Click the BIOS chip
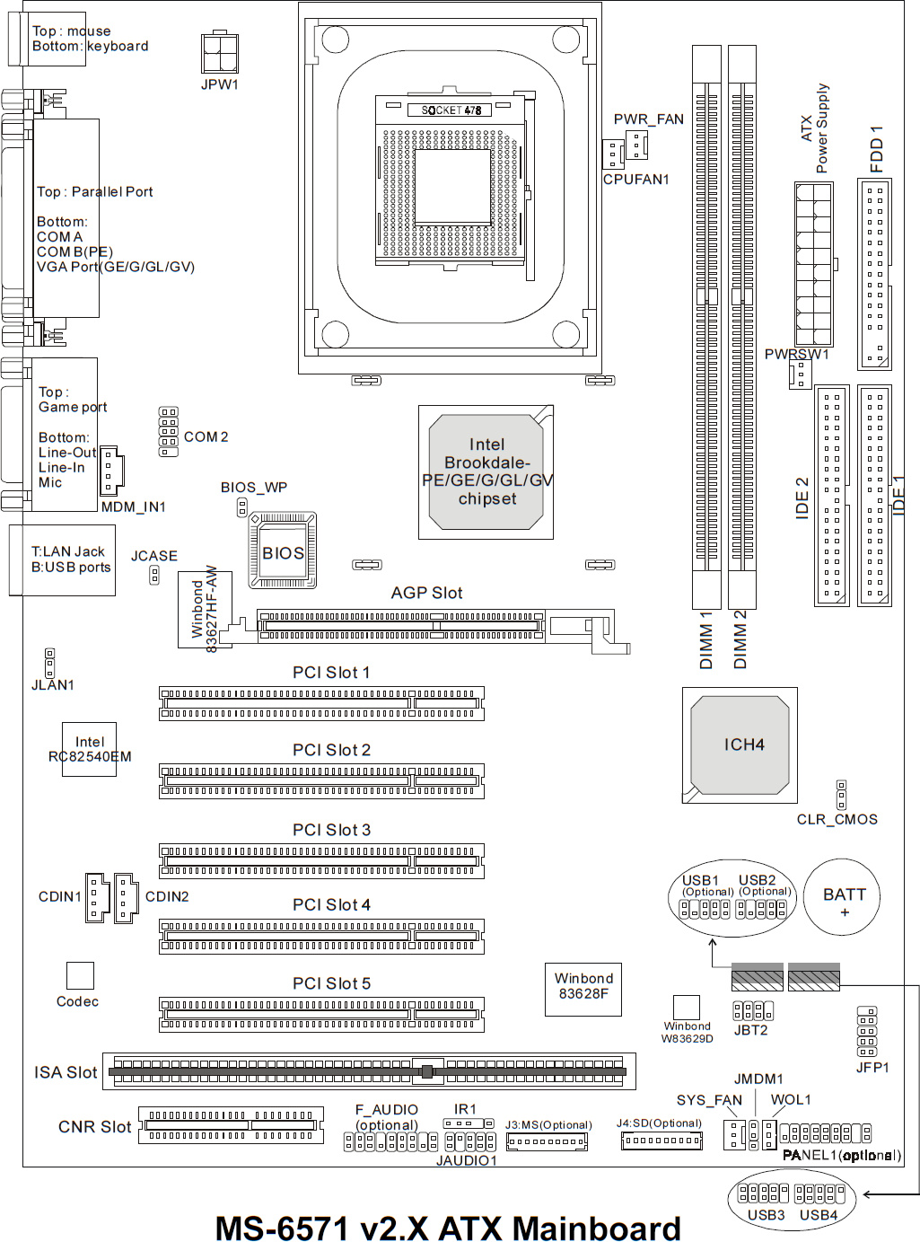(283, 551)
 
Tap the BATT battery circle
(844, 897)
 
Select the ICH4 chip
(740, 745)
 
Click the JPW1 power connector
(220, 53)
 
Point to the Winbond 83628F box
(583, 989)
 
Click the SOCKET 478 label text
(451, 110)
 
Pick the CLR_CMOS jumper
(841, 795)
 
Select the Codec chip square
(80, 975)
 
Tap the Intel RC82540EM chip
(89, 749)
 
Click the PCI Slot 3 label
(331, 830)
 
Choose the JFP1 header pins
(867, 1032)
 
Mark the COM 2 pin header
(168, 432)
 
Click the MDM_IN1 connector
(110, 471)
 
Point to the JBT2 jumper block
(752, 1010)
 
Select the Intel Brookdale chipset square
(486, 471)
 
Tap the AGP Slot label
(426, 593)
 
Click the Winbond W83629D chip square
(686, 1007)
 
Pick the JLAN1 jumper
(49, 663)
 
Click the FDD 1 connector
(874, 275)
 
